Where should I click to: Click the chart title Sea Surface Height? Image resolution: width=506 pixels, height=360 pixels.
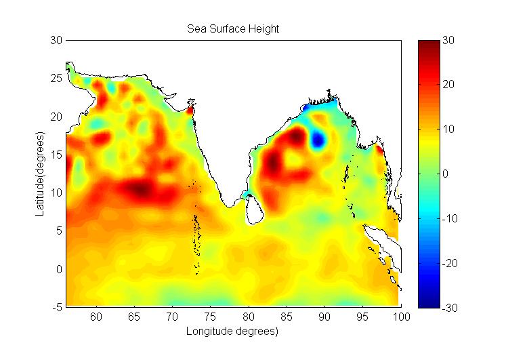[233, 29]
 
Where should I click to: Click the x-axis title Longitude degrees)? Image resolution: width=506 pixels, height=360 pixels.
[233, 332]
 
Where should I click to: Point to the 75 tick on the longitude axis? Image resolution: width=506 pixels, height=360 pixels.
[211, 317]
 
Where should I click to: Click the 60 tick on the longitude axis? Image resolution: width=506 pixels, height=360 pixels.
[96, 317]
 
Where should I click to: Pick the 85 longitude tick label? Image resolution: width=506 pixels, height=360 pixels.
[287, 317]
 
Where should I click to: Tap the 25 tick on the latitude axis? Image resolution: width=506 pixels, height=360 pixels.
[57, 79]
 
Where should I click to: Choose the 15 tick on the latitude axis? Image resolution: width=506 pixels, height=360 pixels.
[57, 155]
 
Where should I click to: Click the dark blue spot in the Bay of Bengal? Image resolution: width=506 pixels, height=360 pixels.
[318, 140]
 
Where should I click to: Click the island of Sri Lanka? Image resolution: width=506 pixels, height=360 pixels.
[253, 207]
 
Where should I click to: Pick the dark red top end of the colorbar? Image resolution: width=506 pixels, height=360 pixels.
[429, 45]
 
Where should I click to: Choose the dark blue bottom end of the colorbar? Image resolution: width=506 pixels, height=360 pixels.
[429, 303]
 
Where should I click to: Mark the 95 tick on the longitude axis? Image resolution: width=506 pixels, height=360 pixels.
[363, 317]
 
